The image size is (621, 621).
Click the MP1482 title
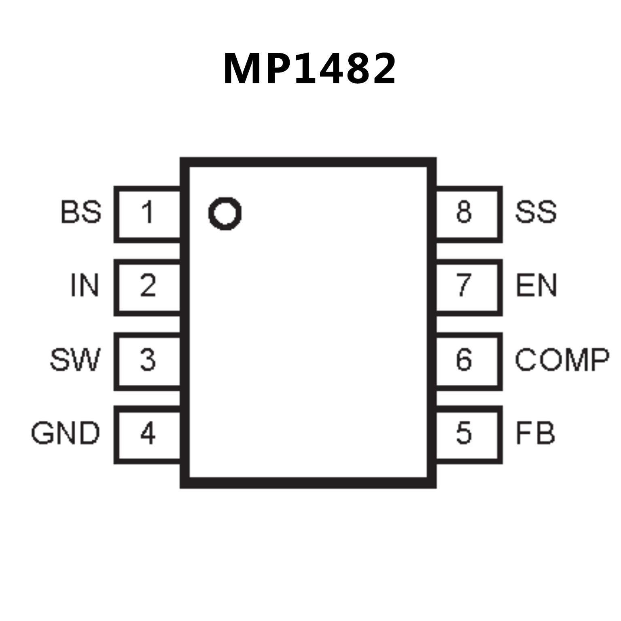click(309, 69)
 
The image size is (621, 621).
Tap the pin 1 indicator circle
click(225, 213)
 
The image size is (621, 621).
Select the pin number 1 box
click(148, 214)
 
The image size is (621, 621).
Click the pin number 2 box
click(148, 286)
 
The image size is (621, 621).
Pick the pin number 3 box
click(148, 360)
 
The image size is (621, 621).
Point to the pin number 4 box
click(148, 434)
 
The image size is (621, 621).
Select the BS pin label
click(81, 212)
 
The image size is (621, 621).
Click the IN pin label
click(85, 286)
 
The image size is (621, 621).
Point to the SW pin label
click(75, 360)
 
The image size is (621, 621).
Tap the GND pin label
click(66, 433)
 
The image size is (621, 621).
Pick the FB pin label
click(535, 433)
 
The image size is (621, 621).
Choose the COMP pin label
click(562, 360)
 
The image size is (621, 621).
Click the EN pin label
click(536, 286)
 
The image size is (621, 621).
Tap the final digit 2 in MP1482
click(381, 69)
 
